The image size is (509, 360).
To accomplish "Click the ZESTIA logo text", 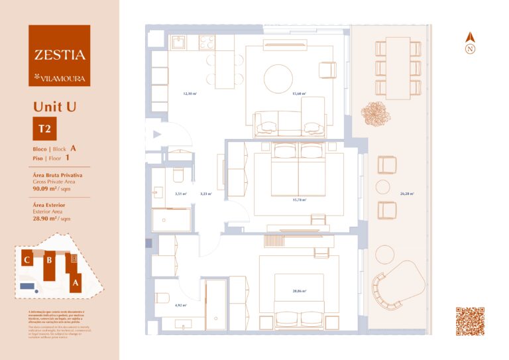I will (60, 55).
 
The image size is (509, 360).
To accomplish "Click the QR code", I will (470, 322).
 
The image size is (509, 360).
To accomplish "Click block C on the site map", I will (27, 260).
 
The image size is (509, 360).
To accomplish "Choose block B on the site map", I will (48, 260).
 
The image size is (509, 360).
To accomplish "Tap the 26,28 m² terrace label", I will (407, 194).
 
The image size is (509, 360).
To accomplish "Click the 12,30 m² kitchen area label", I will (190, 94).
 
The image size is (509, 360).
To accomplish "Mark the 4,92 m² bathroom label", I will (180, 306).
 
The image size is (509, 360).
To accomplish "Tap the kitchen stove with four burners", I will (206, 42).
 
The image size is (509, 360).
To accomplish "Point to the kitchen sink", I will (179, 42).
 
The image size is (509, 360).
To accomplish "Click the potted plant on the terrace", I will (375, 113).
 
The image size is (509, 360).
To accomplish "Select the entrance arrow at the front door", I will (157, 134).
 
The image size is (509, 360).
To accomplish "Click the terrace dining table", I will (398, 66).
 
